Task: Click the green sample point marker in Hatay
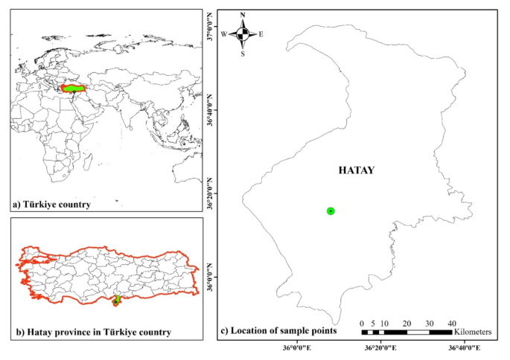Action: tap(331, 211)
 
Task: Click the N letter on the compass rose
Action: tap(243, 15)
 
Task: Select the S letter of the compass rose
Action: tap(243, 53)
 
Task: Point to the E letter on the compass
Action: tap(261, 34)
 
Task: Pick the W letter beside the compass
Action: tap(224, 34)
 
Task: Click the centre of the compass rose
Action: tap(243, 34)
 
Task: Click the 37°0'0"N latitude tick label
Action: tap(210, 28)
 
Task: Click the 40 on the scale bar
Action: tap(452, 323)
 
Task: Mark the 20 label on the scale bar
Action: tap(407, 323)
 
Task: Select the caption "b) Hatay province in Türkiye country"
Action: tap(90, 331)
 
